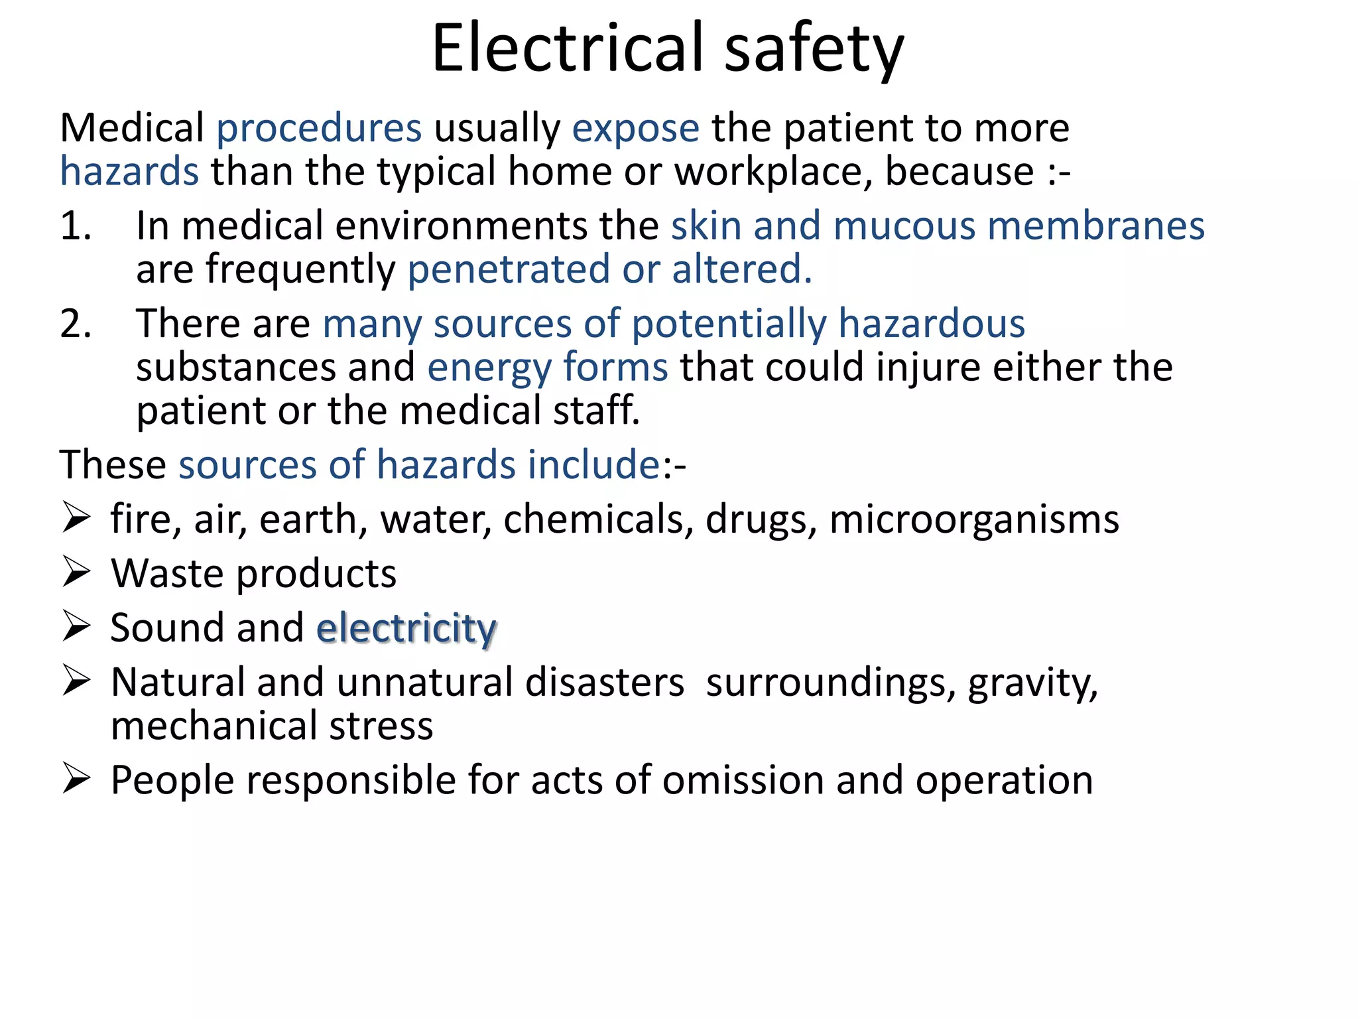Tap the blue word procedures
319,129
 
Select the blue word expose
635,129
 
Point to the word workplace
773,172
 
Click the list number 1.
74,226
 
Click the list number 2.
75,324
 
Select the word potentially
729,325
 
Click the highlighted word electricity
406,629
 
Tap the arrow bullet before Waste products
76,573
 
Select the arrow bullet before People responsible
76,779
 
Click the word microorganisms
974,519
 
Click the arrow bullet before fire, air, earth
76,518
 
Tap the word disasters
604,683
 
